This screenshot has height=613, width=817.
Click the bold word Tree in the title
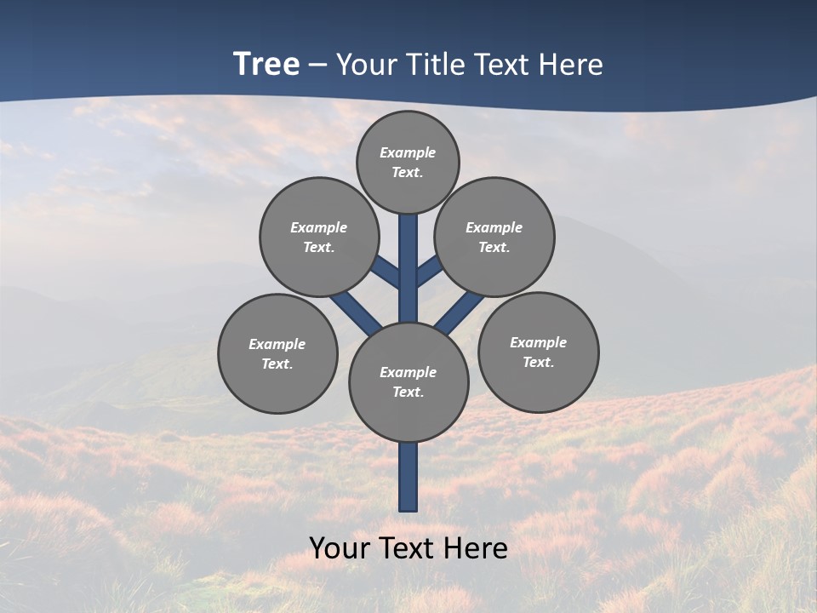tap(266, 65)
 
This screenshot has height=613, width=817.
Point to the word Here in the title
tap(572, 65)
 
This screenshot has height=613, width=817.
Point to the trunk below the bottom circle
tap(408, 477)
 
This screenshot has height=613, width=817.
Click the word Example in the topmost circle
tap(408, 152)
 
